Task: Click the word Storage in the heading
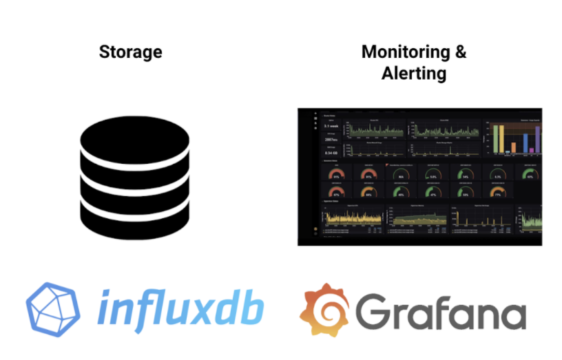pos(131,52)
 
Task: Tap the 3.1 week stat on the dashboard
pos(331,126)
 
